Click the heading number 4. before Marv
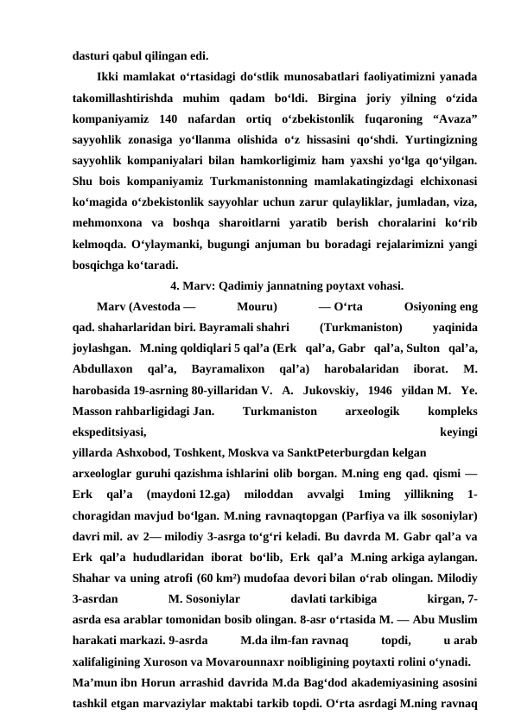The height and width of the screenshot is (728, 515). click(176, 287)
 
